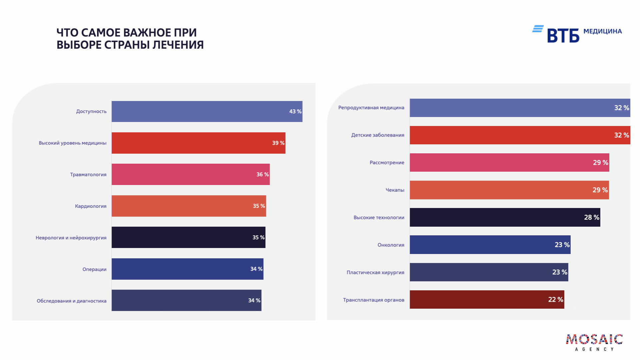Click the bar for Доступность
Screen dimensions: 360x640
(207, 111)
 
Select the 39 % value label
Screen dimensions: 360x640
(278, 143)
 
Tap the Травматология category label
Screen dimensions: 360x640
(88, 174)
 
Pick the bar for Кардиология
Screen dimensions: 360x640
(189, 206)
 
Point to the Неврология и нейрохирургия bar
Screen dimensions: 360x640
(188, 237)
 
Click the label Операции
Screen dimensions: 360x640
(94, 269)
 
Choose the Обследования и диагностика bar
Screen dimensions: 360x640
(186, 300)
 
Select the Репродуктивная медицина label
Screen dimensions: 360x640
(371, 107)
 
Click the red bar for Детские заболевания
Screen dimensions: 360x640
(520, 135)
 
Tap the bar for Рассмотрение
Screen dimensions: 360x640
(509, 162)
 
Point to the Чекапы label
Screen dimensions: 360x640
(395, 190)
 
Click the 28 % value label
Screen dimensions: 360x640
(591, 217)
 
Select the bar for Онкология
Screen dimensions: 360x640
(490, 245)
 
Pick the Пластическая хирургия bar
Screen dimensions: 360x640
(489, 272)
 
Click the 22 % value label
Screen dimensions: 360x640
(555, 300)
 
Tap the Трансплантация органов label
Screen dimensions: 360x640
(373, 300)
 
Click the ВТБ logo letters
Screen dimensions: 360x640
(563, 35)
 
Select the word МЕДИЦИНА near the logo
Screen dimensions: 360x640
(602, 31)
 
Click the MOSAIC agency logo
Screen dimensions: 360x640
(594, 342)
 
